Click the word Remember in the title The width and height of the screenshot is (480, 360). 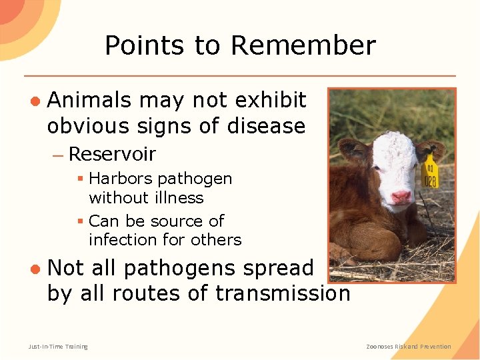[303, 46]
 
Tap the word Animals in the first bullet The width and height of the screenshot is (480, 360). [90, 100]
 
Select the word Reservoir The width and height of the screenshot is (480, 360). [112, 154]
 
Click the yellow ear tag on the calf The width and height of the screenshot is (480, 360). [431, 171]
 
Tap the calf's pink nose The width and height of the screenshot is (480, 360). [401, 196]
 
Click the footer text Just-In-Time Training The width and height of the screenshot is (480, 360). [58, 346]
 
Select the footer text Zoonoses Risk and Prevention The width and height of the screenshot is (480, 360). [409, 346]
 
